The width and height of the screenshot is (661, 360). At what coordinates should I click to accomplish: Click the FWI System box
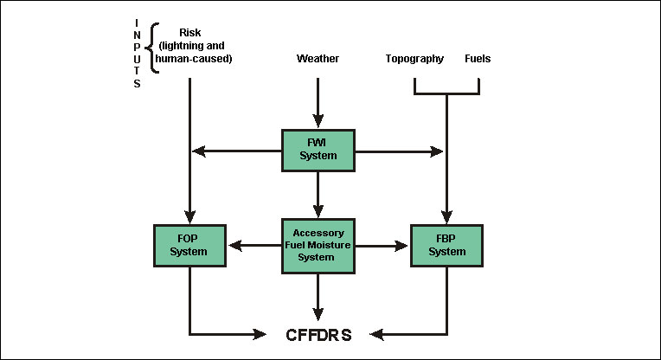pyautogui.click(x=318, y=150)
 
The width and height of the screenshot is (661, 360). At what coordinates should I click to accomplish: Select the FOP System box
pyautogui.click(x=189, y=246)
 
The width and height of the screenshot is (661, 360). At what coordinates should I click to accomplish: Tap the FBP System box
pyautogui.click(x=446, y=246)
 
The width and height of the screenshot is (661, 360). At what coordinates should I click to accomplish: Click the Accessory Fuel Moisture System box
pyautogui.click(x=318, y=245)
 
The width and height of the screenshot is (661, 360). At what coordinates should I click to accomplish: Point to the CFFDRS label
pyautogui.click(x=318, y=333)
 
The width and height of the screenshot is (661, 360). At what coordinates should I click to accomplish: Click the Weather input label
pyautogui.click(x=318, y=59)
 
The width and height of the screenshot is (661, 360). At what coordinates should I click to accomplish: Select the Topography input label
pyautogui.click(x=414, y=59)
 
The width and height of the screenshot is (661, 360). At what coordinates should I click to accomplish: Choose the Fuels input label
pyautogui.click(x=478, y=59)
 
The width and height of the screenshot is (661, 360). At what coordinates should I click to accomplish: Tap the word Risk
pyautogui.click(x=189, y=33)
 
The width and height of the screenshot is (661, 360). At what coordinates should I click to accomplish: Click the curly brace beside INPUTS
pyautogui.click(x=153, y=48)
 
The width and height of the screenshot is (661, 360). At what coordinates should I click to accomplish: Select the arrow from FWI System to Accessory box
pyautogui.click(x=318, y=192)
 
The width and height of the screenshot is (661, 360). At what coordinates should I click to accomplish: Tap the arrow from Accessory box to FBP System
pyautogui.click(x=382, y=246)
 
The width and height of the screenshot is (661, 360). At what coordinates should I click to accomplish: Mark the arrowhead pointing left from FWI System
pyautogui.click(x=200, y=151)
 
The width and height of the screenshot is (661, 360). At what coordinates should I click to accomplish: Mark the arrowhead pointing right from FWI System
pyautogui.click(x=436, y=151)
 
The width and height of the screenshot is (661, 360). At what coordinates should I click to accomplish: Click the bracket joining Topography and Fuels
pyautogui.click(x=446, y=92)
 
